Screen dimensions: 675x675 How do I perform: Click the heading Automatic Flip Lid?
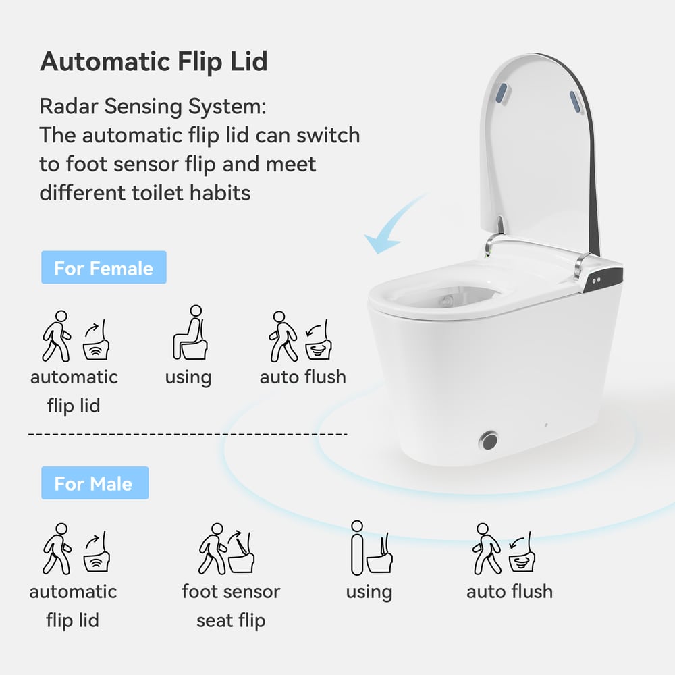pos(154,61)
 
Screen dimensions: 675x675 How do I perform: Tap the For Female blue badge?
pos(103,268)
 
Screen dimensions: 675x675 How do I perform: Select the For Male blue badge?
pos(94,483)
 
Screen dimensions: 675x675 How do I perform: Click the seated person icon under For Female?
pos(188,333)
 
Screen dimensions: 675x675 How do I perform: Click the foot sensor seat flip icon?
pos(230,548)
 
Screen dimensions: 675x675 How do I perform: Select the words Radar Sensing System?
pos(152,107)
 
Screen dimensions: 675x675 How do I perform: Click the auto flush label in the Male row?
pos(510,591)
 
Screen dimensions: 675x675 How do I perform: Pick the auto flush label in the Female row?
pos(303,377)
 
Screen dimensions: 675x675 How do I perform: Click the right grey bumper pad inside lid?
pos(574,101)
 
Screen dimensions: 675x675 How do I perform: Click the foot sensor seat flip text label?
pos(231,605)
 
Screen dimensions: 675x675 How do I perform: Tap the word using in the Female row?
pos(188,377)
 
